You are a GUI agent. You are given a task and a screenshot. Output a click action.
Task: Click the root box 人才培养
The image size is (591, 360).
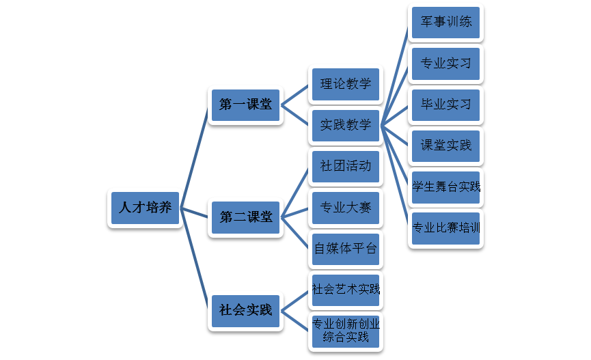[x=145, y=208]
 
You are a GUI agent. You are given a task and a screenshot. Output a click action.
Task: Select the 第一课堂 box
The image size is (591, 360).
[x=245, y=105]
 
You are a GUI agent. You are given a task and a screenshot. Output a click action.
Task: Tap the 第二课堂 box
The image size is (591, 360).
[x=245, y=217]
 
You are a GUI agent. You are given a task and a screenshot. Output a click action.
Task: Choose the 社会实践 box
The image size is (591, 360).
[x=245, y=309]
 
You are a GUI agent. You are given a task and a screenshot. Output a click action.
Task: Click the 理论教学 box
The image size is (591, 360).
[x=346, y=84]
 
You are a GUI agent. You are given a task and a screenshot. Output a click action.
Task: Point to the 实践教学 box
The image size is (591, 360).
[x=346, y=124]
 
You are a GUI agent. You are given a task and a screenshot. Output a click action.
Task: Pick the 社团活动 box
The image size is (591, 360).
[x=346, y=165]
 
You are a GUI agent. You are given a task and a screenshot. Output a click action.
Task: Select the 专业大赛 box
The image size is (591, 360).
[x=346, y=207]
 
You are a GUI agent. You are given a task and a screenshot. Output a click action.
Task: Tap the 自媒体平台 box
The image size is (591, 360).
[x=346, y=249]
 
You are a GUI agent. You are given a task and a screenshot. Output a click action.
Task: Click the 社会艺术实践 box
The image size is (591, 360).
[x=346, y=289]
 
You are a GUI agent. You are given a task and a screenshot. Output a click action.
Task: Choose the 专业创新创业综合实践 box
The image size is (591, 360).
[x=346, y=331]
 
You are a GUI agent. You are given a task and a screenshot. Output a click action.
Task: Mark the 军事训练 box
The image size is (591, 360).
[x=445, y=22]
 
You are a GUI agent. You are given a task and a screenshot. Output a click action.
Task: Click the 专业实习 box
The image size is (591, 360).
[x=445, y=64]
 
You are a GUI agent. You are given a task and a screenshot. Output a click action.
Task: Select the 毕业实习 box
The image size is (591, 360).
[x=445, y=105]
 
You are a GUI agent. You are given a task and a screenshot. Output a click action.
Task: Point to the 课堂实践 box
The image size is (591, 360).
[x=445, y=146]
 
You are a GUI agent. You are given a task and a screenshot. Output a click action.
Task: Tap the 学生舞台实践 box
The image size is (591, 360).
[x=445, y=186]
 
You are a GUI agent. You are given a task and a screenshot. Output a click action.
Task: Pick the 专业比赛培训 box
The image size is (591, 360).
[x=445, y=228]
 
